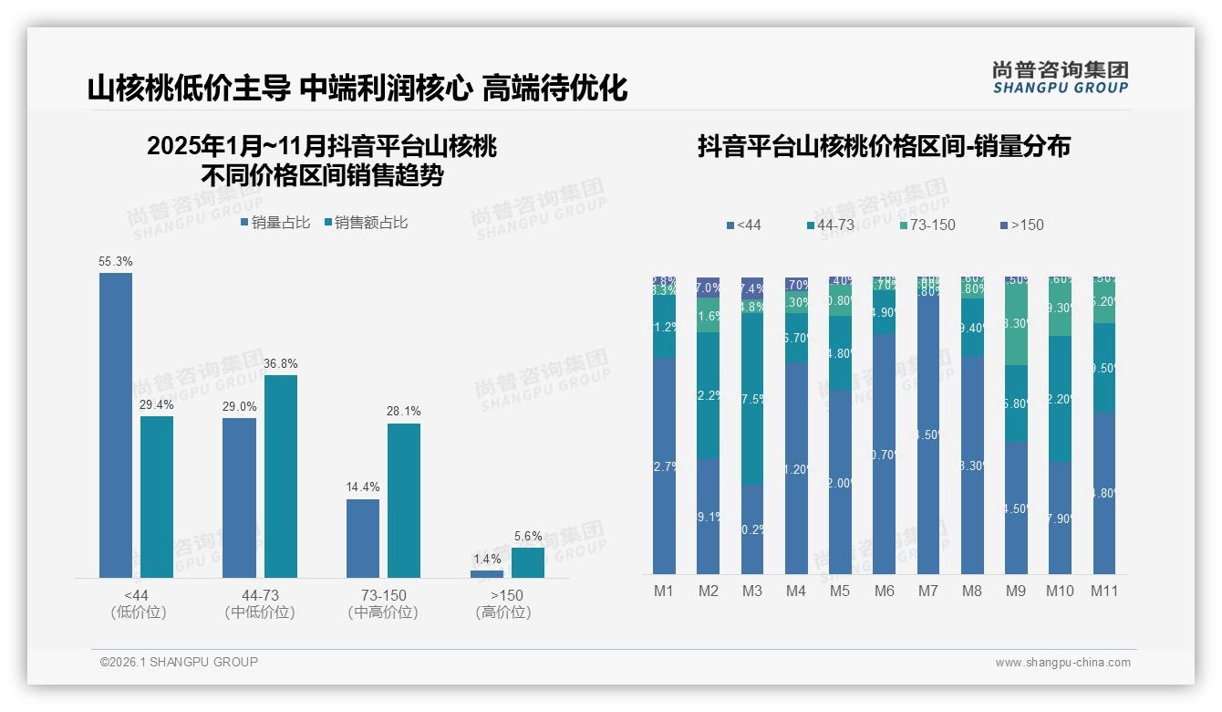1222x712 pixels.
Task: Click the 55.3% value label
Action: [116, 261]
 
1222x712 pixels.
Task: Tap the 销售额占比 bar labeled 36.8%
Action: [281, 476]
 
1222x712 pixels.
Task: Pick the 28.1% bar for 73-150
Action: [404, 500]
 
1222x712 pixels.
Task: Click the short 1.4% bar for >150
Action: [487, 573]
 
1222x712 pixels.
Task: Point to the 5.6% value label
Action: [528, 536]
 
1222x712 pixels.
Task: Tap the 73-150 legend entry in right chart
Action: [927, 225]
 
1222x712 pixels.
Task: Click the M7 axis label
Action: [927, 591]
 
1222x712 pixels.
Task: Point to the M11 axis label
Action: [1104, 591]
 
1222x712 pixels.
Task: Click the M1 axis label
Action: [664, 591]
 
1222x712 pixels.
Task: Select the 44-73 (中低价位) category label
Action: [260, 603]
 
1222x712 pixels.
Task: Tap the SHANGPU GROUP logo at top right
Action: [1060, 78]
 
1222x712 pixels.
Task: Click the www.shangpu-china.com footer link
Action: [1062, 663]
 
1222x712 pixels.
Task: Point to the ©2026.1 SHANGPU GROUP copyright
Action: [179, 662]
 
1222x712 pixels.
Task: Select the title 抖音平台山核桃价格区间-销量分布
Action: [884, 146]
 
